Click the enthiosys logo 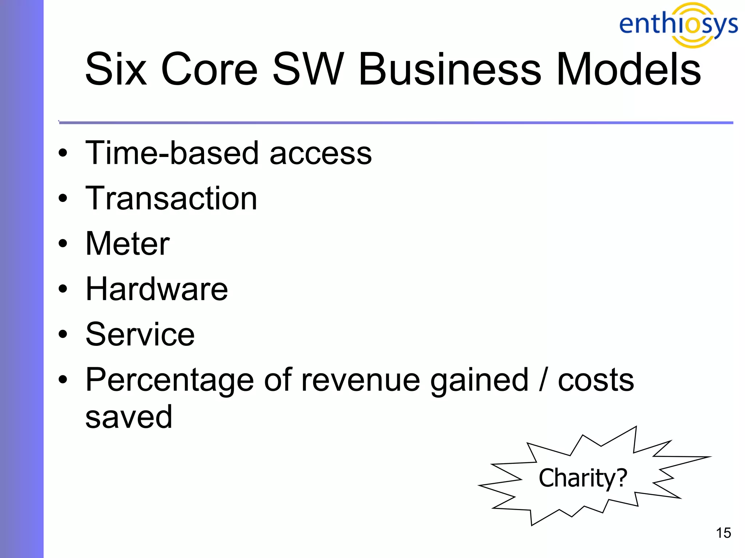[678, 25]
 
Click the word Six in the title [116, 69]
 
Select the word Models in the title [628, 69]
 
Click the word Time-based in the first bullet [172, 153]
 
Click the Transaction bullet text [171, 198]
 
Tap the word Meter [127, 244]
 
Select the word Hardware [156, 289]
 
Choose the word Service [140, 335]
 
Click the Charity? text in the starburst [583, 478]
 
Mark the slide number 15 [723, 533]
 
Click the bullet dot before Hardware [63, 289]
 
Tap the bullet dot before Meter [63, 243]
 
